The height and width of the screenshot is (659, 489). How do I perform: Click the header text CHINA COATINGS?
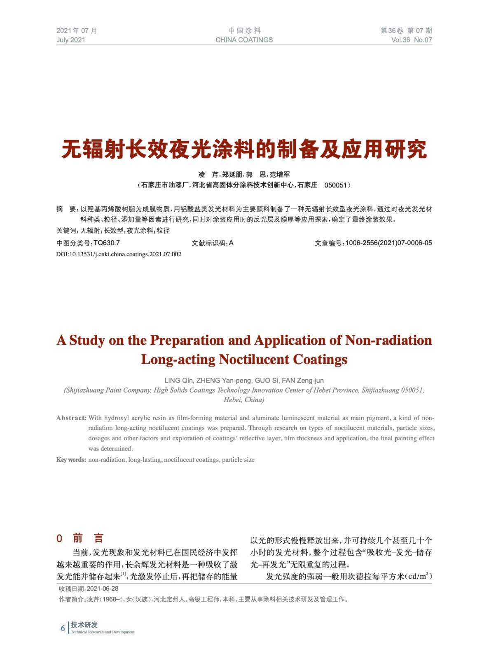[x=244, y=40]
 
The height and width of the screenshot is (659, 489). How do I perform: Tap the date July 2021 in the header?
[x=70, y=40]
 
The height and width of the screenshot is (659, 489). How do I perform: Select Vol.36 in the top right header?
[x=400, y=40]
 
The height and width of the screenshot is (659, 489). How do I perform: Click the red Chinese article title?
[x=244, y=149]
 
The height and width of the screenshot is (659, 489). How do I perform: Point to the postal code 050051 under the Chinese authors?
[x=336, y=185]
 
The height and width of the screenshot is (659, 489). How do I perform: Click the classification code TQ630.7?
[x=107, y=243]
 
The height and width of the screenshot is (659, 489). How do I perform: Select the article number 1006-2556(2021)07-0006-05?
[x=388, y=243]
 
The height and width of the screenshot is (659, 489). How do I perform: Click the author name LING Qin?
[x=178, y=381]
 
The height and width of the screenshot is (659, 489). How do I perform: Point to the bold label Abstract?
[x=71, y=418]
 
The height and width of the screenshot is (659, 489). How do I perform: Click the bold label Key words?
[x=71, y=460]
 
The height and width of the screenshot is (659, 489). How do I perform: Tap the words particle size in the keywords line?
[x=238, y=460]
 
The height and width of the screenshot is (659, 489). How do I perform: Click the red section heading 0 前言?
[x=80, y=538]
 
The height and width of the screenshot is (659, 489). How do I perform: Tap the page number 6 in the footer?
[x=63, y=628]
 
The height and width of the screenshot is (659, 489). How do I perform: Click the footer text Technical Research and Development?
[x=103, y=632]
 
